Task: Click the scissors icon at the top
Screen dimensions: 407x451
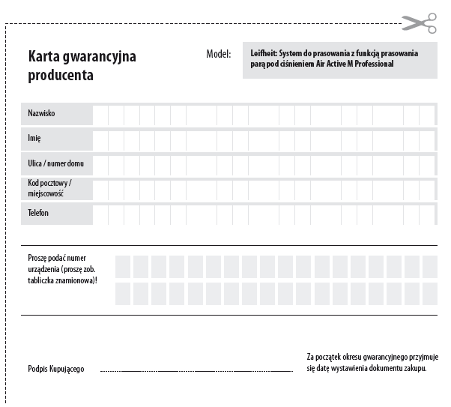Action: click(419, 23)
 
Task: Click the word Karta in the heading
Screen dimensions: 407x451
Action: click(46, 57)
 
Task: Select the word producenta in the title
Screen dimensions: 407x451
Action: click(61, 75)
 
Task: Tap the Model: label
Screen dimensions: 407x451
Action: click(218, 55)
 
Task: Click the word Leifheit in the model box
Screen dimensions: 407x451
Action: click(264, 54)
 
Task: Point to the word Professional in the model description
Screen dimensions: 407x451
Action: click(372, 64)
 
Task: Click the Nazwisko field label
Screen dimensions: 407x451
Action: click(41, 113)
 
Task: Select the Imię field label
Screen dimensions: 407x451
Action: click(34, 139)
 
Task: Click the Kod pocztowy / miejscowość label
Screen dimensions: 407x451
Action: click(49, 188)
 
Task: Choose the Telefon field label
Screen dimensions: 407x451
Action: click(38, 214)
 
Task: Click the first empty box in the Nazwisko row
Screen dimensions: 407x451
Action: click(101, 114)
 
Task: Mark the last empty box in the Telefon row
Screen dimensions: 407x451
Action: click(427, 214)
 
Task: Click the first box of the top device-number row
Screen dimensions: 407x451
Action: click(123, 266)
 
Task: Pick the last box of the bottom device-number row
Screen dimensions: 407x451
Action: click(429, 293)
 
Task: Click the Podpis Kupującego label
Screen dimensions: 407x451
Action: click(56, 369)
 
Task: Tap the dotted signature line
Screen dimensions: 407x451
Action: click(196, 371)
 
